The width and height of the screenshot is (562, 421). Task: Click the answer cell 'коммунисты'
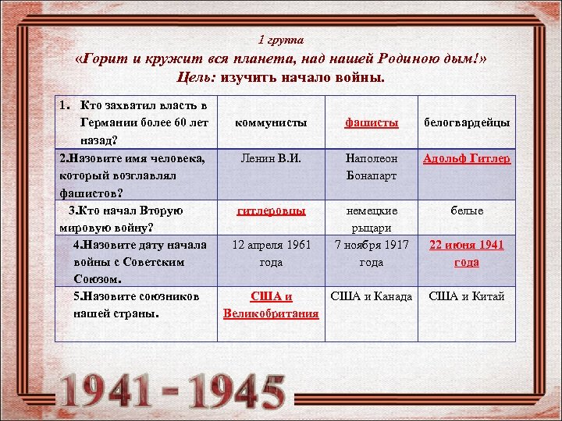pos(271,122)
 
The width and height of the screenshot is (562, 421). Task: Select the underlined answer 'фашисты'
pos(372,122)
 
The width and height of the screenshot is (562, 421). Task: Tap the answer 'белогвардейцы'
pos(467,122)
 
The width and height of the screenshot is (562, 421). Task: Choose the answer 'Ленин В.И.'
pos(271,159)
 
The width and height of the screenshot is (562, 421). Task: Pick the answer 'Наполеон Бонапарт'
pos(372,167)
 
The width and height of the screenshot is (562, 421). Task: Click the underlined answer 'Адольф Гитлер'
pos(467,159)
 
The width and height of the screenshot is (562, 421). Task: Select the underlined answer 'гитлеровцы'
pos(271,210)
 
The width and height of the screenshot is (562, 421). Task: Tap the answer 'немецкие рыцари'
pos(372,219)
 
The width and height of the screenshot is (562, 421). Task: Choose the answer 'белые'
pos(467,210)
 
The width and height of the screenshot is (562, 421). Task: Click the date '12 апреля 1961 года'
pos(271,253)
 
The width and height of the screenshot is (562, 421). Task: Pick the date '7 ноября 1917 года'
pos(372,253)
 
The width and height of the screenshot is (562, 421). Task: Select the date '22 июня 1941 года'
pos(467,253)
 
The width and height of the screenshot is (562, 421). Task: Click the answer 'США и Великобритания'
pos(271,305)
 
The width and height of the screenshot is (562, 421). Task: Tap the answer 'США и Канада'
pos(372,296)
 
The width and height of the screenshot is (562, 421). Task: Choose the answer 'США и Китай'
pos(467,296)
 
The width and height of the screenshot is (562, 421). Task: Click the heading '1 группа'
pos(281,39)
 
